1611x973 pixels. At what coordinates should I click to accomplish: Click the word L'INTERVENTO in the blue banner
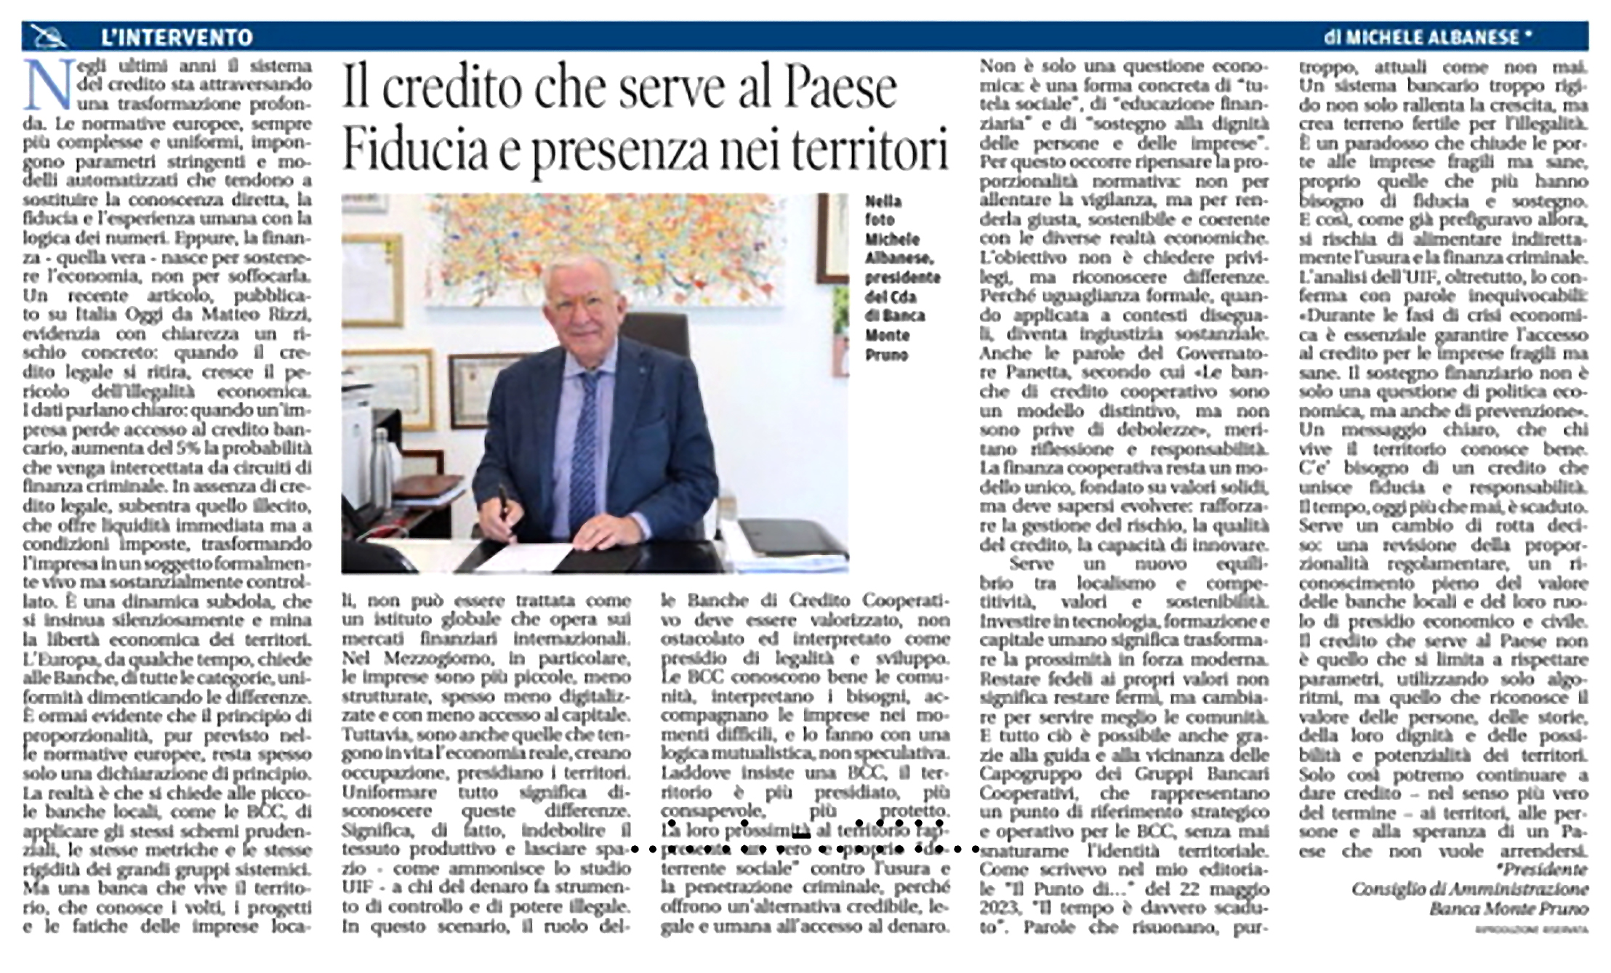point(177,37)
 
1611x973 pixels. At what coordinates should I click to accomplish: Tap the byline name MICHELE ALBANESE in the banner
point(1427,37)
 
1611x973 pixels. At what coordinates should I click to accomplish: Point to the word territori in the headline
point(869,148)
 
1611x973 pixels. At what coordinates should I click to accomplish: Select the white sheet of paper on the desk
point(523,557)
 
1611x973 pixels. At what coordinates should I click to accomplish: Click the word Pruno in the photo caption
point(886,355)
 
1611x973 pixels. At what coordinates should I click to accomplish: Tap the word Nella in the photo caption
point(883,201)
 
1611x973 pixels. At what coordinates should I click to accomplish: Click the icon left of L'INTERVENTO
point(51,36)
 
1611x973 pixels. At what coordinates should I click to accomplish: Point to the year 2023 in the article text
point(998,908)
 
